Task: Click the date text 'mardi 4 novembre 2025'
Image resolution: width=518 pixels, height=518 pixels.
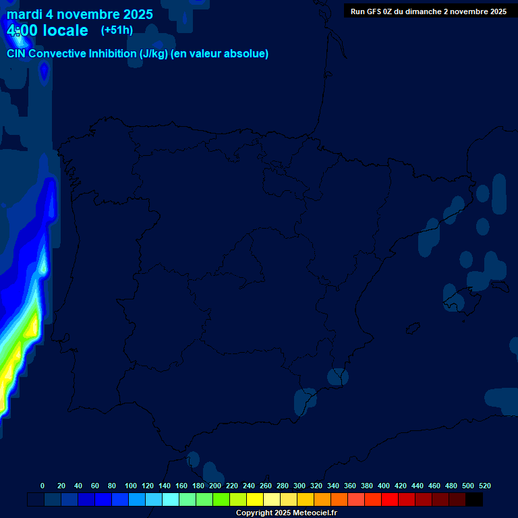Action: (x=80, y=14)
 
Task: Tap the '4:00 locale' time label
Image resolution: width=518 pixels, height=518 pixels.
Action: (x=47, y=30)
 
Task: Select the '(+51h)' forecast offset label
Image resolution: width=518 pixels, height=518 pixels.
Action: (x=117, y=30)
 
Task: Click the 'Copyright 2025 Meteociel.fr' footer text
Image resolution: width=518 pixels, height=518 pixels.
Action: (x=286, y=513)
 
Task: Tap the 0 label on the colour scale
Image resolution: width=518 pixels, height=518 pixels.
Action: (x=42, y=486)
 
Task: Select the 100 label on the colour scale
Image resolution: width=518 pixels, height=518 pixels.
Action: (x=131, y=486)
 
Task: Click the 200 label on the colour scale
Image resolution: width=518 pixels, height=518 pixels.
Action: (x=215, y=486)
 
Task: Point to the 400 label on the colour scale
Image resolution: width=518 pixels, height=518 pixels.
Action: (x=384, y=486)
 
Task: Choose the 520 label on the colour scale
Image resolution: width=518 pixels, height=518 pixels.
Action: (x=484, y=486)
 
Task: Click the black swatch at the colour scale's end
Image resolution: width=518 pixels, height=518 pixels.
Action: (x=474, y=500)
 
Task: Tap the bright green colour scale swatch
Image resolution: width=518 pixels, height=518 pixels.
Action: (x=221, y=500)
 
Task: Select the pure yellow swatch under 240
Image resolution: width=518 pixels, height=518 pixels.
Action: (x=255, y=500)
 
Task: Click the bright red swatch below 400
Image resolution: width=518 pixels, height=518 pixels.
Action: (x=390, y=500)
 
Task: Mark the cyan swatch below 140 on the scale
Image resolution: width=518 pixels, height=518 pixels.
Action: (x=171, y=500)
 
